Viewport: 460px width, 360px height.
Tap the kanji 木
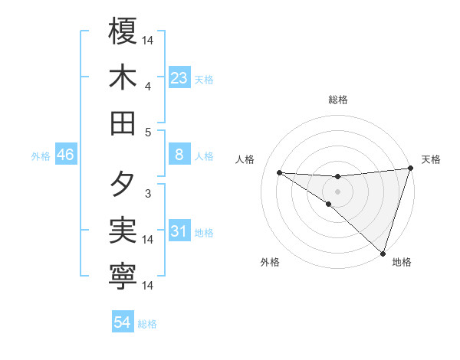[x=123, y=77]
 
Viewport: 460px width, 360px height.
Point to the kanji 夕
[x=123, y=185]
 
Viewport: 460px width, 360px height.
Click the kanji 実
[x=123, y=231]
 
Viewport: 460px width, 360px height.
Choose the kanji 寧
[x=123, y=277]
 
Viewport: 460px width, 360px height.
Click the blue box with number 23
[x=179, y=78]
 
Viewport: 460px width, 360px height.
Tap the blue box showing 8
[x=179, y=155]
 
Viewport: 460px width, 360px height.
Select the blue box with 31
[x=179, y=231]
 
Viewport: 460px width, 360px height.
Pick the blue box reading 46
[x=66, y=155]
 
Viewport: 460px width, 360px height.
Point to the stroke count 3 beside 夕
[x=148, y=194]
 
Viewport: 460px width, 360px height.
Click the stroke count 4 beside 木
[x=148, y=86]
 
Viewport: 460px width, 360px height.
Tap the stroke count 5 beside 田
[x=148, y=132]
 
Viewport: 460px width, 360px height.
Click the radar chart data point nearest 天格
[x=410, y=169]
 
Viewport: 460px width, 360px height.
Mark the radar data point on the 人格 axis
[x=279, y=172]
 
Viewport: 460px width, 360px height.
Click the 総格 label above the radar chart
[x=337, y=100]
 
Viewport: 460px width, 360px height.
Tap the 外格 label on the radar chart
[x=270, y=262]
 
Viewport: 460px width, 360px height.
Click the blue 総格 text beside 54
[x=147, y=324]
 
